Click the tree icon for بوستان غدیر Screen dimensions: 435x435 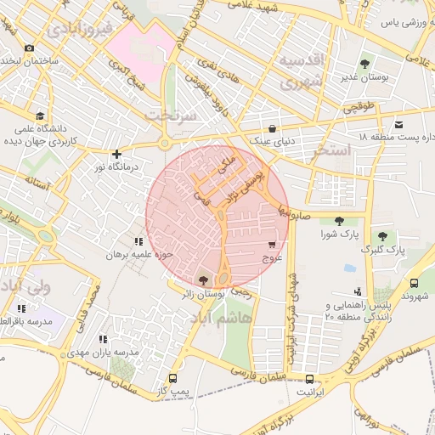click(x=365, y=63)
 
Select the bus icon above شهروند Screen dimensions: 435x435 click(x=414, y=283)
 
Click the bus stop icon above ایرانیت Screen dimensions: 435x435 click(x=309, y=379)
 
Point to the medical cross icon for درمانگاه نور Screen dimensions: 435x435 click(x=116, y=155)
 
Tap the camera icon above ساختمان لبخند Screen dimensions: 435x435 click(x=30, y=48)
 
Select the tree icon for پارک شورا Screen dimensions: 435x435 click(x=339, y=221)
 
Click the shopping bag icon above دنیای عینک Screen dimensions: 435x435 click(x=272, y=128)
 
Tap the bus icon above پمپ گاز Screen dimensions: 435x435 click(x=173, y=378)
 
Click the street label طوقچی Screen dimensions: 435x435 click(x=357, y=109)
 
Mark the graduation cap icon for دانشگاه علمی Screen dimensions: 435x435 click(x=39, y=116)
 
